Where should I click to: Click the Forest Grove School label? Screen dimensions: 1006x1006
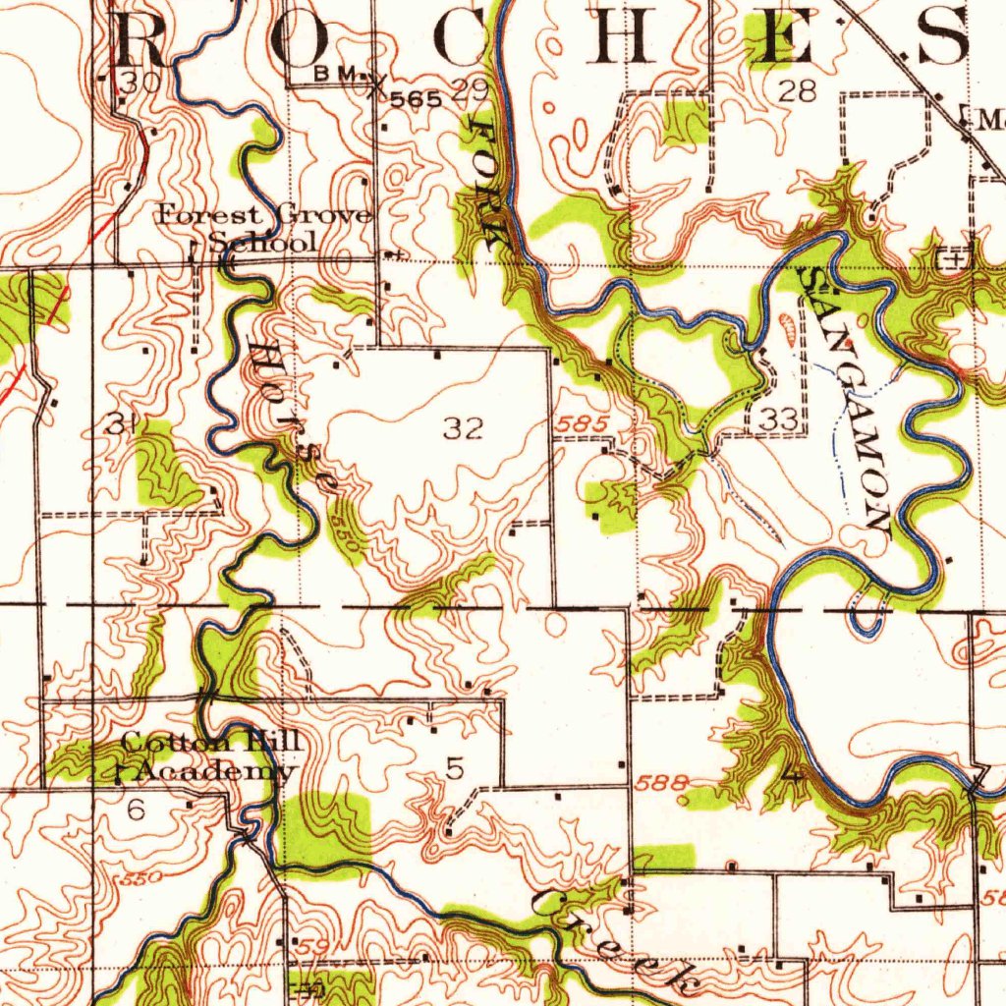click(x=265, y=228)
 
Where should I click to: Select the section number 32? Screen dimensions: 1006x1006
click(x=463, y=428)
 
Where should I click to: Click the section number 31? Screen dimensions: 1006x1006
click(x=120, y=424)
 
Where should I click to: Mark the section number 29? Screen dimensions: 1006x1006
click(x=471, y=92)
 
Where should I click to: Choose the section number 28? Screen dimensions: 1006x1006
click(x=797, y=92)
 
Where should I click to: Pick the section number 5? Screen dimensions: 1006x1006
click(x=454, y=768)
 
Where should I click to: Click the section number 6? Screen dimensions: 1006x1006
click(x=136, y=810)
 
